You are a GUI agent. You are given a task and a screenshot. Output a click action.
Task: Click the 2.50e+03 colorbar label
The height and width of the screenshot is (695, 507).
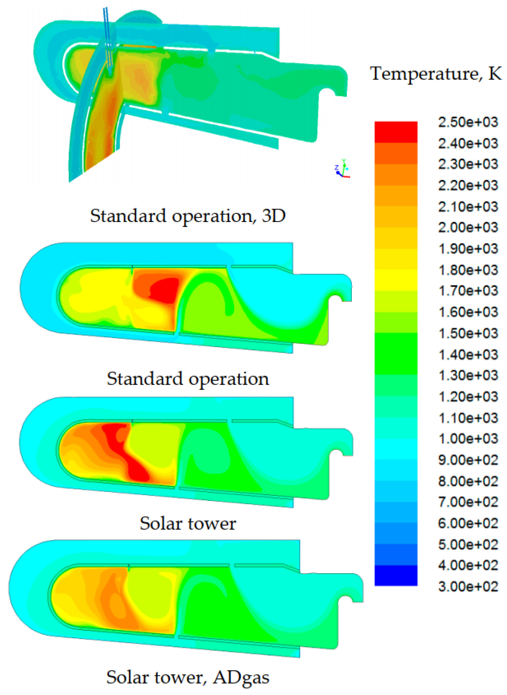pos(468,122)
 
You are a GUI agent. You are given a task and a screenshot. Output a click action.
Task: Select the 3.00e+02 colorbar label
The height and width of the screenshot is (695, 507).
pos(468,587)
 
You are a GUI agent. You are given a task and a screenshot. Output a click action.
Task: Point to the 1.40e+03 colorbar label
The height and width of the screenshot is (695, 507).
pos(468,355)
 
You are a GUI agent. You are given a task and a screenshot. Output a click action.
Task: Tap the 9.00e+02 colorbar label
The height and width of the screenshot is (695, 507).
pos(468,460)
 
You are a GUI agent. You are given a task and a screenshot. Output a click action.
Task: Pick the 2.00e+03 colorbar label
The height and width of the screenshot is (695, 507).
pos(468,227)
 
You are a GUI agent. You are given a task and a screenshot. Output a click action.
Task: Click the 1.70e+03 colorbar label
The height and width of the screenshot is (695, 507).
pos(468,291)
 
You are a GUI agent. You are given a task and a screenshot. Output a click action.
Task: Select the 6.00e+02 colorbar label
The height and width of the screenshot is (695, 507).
pos(468,523)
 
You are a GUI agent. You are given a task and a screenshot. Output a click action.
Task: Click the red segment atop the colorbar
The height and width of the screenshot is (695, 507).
pos(396,132)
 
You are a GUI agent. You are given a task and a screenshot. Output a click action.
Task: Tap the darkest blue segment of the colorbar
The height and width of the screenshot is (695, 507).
pos(396,576)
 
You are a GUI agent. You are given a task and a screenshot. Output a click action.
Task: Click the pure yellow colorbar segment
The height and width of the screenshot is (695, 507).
pos(396,280)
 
